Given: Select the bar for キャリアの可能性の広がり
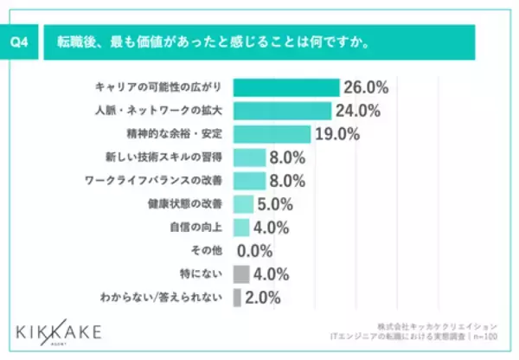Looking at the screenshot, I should (286, 87).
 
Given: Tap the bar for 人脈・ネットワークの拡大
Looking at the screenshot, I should (283, 111).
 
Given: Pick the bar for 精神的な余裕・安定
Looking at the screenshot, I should (272, 134).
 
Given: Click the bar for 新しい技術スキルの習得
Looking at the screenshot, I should (249, 157).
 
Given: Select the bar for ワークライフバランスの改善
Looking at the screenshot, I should (249, 181).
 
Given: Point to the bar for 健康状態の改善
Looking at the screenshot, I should (243, 204).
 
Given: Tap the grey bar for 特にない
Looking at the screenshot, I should (241, 274).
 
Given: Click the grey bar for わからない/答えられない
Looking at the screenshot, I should (237, 298).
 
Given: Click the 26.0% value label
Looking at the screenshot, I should (366, 87).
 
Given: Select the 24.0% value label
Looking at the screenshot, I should (358, 111).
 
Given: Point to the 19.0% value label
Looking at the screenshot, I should (337, 134).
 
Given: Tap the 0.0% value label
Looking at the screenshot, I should (255, 251).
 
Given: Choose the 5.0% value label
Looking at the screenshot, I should (276, 204).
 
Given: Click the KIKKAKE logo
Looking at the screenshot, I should (59, 332).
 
